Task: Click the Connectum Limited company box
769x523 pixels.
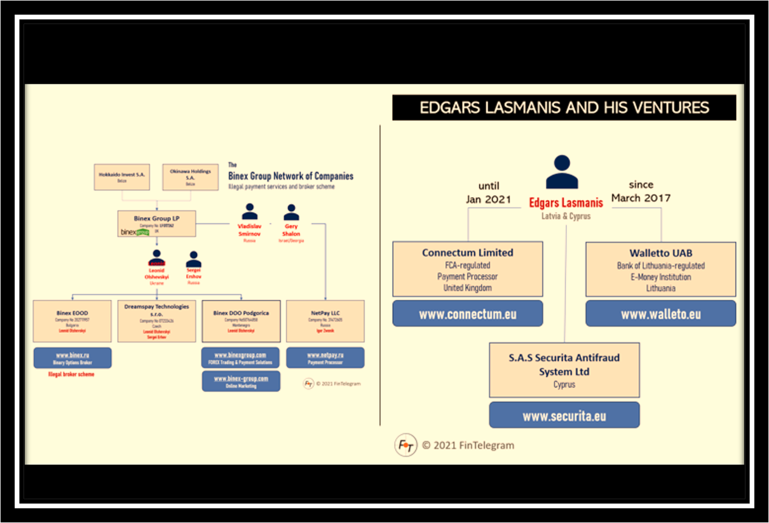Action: [x=467, y=269]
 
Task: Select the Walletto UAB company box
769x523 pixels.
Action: [x=660, y=269]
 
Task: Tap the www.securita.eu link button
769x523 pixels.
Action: [x=564, y=416]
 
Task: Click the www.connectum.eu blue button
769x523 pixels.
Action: [x=467, y=314]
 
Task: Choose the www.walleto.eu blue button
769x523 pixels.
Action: [x=660, y=314]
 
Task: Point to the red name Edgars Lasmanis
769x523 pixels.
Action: [x=566, y=203]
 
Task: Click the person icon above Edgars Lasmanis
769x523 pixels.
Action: [x=562, y=172]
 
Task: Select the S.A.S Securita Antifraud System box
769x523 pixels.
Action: [x=564, y=370]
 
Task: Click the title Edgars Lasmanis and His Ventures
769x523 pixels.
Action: [x=564, y=107]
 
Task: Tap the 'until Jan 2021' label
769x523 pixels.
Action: [x=488, y=192]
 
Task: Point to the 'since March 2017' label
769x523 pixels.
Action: [x=641, y=191]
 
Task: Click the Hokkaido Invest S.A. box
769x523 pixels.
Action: [x=121, y=177]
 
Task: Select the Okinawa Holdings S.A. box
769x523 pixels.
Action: [x=190, y=177]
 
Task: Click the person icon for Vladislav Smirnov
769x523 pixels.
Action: [x=249, y=212]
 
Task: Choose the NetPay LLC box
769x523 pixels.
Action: [x=325, y=321]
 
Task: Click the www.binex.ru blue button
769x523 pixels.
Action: [x=72, y=358]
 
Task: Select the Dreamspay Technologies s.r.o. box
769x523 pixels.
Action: [x=156, y=321]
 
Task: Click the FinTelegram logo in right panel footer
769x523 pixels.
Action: [x=405, y=445]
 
